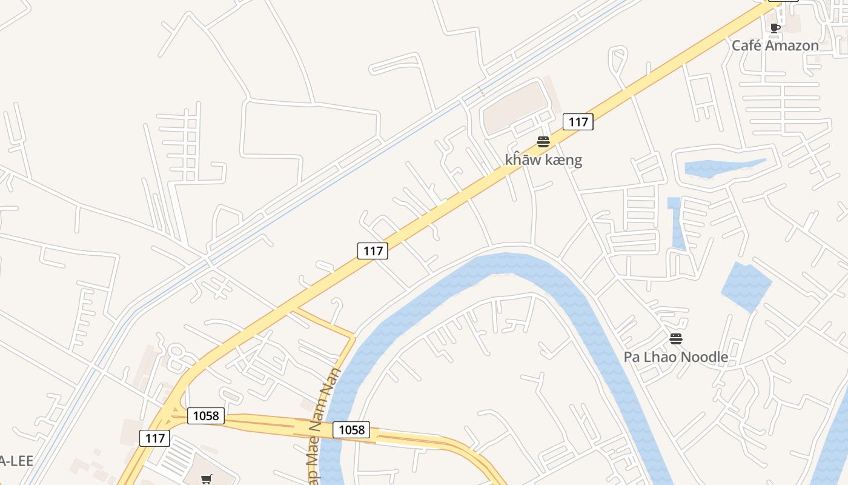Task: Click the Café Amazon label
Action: [775, 45]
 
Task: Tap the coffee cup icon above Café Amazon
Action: [775, 28]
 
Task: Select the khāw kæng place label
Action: [543, 160]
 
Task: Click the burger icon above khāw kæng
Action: [543, 142]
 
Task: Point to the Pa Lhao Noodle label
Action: [675, 357]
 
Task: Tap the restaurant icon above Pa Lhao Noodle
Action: [676, 339]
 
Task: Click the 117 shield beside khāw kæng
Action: [578, 122]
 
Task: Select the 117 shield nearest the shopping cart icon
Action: [154, 438]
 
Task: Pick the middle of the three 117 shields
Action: [373, 250]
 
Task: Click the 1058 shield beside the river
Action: [351, 430]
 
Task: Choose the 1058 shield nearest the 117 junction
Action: [206, 416]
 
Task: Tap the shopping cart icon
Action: [206, 480]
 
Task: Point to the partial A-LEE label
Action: [15, 461]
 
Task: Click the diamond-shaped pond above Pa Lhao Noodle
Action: [746, 287]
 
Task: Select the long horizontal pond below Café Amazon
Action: [721, 167]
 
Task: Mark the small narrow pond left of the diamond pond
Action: [677, 224]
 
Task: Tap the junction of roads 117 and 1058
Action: [172, 412]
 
